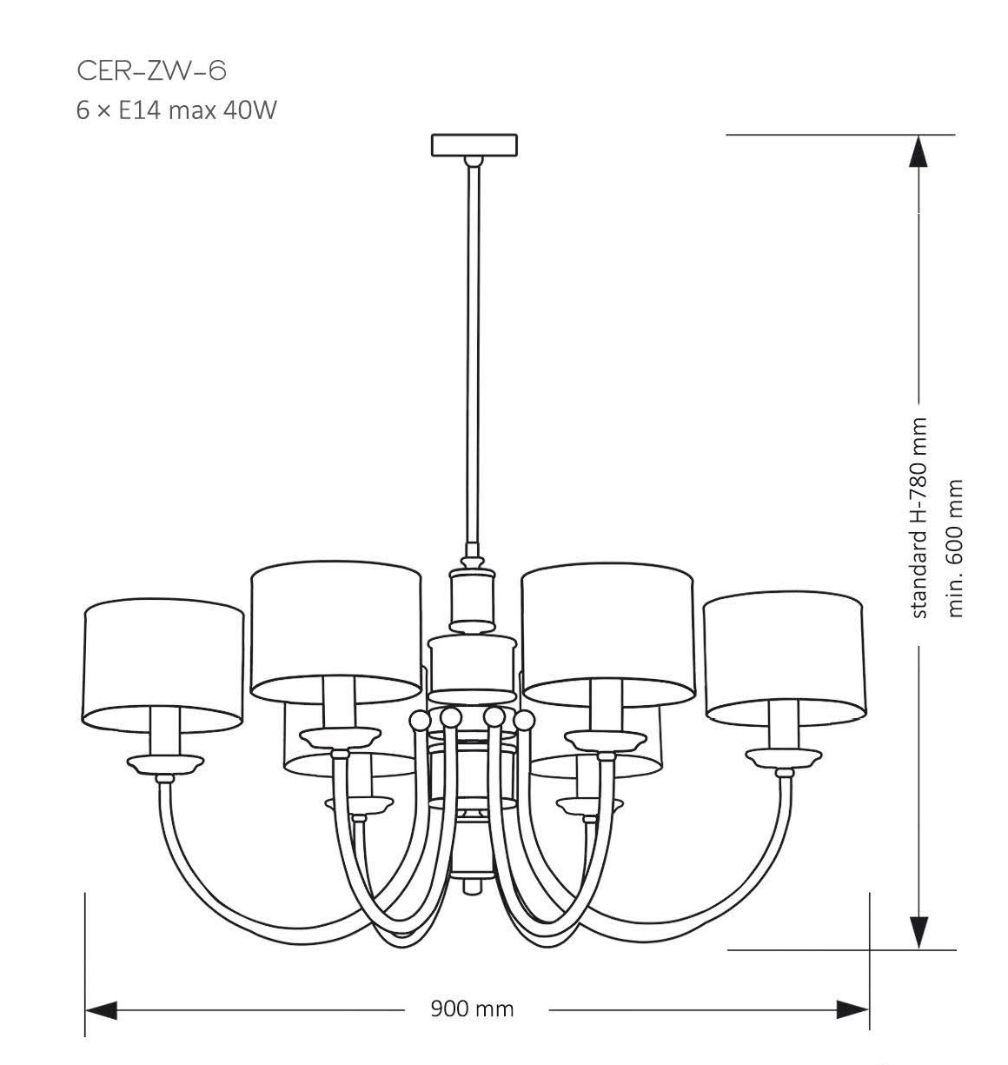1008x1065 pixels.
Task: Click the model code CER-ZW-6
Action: click(152, 70)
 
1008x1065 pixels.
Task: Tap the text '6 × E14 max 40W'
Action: click(176, 111)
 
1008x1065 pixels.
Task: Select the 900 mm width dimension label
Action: click(473, 1008)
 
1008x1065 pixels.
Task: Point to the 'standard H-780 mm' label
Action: click(920, 518)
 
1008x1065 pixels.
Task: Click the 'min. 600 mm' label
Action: click(957, 549)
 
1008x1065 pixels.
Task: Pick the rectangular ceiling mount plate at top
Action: click(474, 144)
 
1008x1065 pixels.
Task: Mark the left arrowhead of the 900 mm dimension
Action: click(101, 1009)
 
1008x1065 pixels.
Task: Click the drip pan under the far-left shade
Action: click(165, 764)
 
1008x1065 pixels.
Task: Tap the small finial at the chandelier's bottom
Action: click(473, 887)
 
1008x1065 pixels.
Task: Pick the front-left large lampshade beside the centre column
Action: click(335, 630)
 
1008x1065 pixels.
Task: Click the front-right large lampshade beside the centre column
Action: click(607, 630)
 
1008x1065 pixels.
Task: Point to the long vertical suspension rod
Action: click(474, 348)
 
